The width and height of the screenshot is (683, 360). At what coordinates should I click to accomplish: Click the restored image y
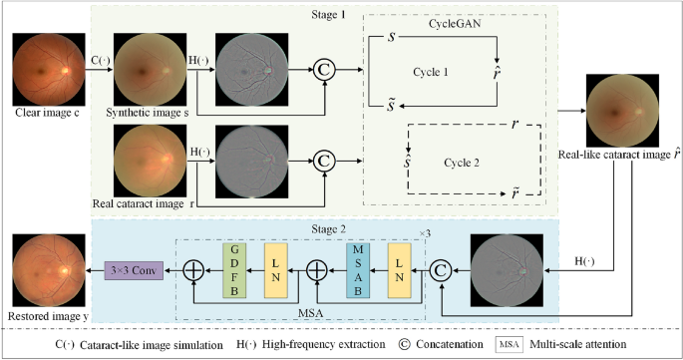46,268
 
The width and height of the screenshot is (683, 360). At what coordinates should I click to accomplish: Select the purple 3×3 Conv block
136,268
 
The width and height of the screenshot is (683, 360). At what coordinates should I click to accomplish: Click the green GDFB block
233,268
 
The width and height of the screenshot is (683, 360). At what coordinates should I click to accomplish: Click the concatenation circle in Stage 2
437,268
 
